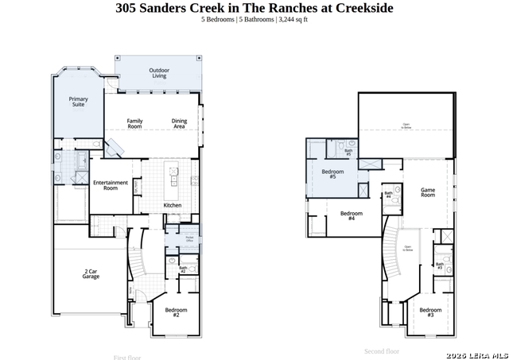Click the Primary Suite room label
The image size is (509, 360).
coord(78,102)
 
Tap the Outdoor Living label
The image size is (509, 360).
coord(159,73)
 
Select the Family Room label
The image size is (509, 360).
coord(134,123)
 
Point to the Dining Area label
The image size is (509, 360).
coord(180,123)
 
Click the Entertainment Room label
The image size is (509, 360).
coord(111,185)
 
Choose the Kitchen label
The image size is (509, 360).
coord(173,205)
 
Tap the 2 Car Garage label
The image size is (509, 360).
coord(91,274)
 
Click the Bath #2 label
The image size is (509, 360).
coord(183,270)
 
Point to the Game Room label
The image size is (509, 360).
coord(428,192)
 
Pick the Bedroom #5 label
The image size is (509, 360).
coord(332,174)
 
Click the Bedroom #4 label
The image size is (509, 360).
coord(352,215)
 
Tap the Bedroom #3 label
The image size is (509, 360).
coord(430,312)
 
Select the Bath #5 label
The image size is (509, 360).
coord(348,151)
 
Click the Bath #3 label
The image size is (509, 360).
coord(439,265)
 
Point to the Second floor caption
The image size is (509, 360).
coord(382,350)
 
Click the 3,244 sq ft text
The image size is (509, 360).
coord(292,19)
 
